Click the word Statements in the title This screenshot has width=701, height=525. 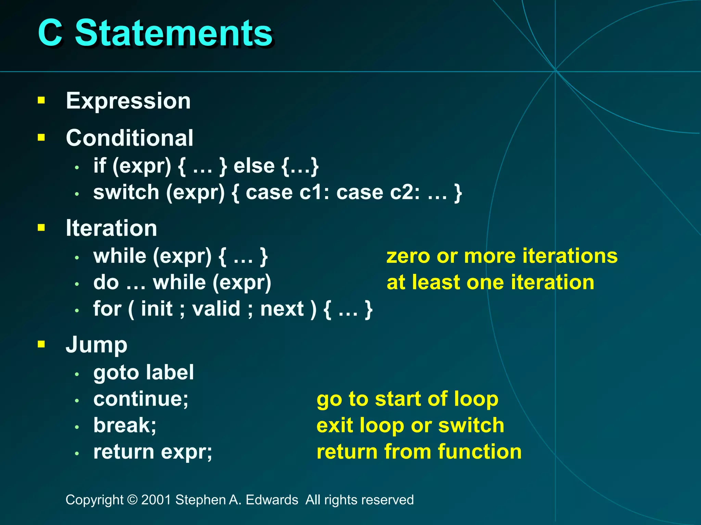point(174,33)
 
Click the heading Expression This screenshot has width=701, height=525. point(128,101)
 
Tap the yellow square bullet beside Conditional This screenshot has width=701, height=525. point(41,137)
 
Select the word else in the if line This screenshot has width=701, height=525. point(254,166)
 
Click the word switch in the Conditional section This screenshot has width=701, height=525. point(126,192)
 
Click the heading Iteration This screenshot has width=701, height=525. point(111,228)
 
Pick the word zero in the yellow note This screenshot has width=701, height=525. point(408,256)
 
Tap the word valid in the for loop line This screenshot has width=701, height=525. point(216,309)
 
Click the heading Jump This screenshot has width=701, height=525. point(96,345)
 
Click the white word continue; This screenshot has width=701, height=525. point(141,399)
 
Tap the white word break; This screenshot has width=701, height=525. point(125,426)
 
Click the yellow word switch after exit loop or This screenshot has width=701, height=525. point(471,426)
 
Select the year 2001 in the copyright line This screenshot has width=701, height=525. point(156,500)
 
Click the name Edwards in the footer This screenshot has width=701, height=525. point(272,500)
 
